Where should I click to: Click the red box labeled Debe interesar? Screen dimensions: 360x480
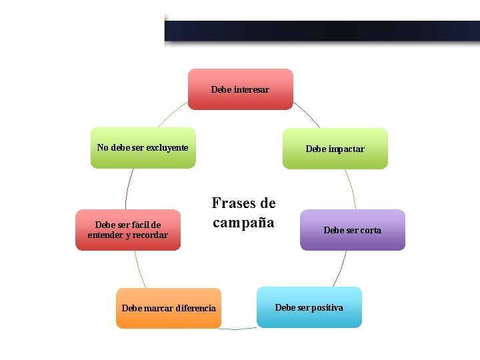(x=240, y=89)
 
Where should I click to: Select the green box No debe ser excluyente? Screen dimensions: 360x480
(x=143, y=147)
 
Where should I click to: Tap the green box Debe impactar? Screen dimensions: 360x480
(x=335, y=149)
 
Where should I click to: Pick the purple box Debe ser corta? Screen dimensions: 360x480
(x=352, y=230)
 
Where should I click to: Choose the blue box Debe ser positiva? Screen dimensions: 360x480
(x=309, y=307)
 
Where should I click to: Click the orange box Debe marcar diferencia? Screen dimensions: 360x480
(x=169, y=308)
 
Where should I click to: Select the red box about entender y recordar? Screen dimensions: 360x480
(x=127, y=230)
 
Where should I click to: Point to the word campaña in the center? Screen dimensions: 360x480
(x=243, y=223)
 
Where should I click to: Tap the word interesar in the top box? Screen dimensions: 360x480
(x=251, y=89)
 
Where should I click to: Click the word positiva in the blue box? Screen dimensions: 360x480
(x=326, y=307)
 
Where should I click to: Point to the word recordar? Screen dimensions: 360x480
(x=149, y=235)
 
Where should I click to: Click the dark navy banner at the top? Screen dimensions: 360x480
(x=322, y=31)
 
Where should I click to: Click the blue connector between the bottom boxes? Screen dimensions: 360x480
(x=239, y=329)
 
